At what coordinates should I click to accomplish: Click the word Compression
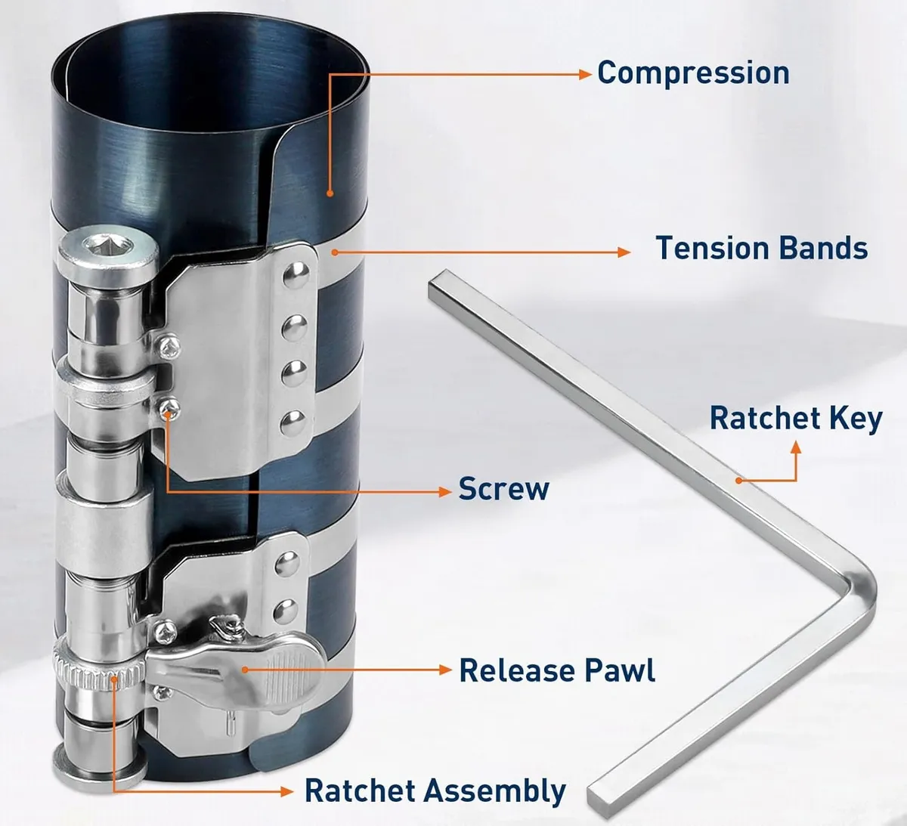click(693, 73)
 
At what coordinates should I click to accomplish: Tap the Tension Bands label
click(762, 248)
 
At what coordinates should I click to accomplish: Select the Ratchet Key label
click(796, 419)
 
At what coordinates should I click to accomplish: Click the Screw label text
click(503, 489)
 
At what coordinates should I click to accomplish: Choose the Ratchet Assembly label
click(435, 790)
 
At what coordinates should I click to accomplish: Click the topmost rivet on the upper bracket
click(296, 275)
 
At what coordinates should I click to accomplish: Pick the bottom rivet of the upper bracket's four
click(294, 423)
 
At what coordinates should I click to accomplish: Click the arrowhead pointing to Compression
click(585, 74)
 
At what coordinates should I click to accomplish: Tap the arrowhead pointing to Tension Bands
click(624, 252)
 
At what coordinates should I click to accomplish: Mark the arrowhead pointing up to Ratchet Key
click(796, 447)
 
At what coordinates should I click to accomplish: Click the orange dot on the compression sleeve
click(330, 193)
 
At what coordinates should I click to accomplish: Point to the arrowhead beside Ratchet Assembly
click(286, 791)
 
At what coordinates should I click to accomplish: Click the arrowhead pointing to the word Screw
click(445, 491)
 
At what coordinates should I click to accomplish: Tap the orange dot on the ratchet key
click(738, 480)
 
